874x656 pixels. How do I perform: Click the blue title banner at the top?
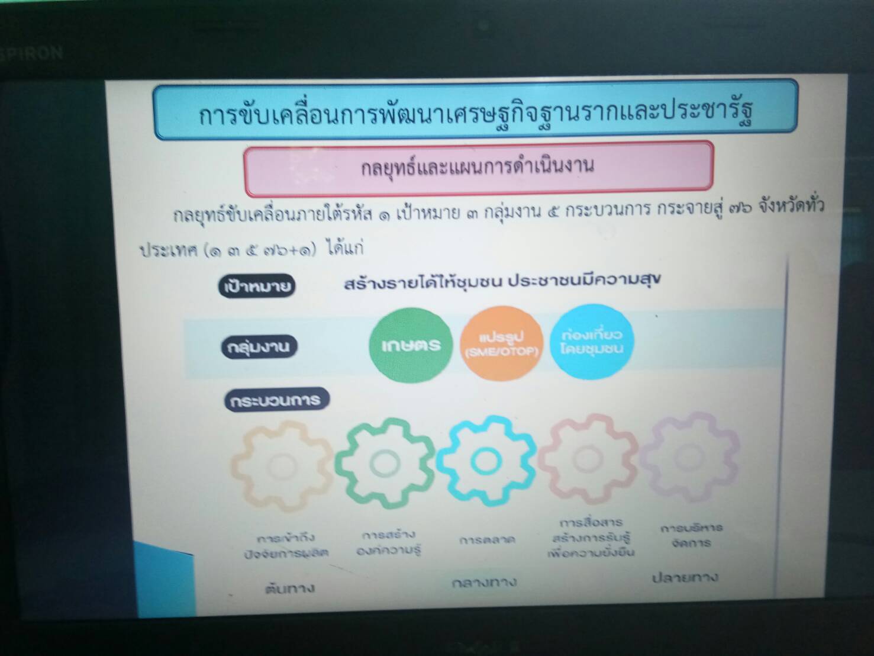476,111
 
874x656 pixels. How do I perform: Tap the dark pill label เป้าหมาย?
257,287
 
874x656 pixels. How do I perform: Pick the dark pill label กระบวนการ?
276,400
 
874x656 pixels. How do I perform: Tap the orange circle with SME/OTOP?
501,344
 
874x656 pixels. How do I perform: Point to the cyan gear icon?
486,460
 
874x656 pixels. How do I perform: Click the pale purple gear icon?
689,456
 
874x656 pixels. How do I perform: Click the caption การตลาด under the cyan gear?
487,540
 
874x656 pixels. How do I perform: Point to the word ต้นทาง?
289,589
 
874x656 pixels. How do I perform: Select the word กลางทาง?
484,583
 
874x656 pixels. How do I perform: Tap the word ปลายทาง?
685,577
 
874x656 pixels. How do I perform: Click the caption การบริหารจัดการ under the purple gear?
691,535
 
